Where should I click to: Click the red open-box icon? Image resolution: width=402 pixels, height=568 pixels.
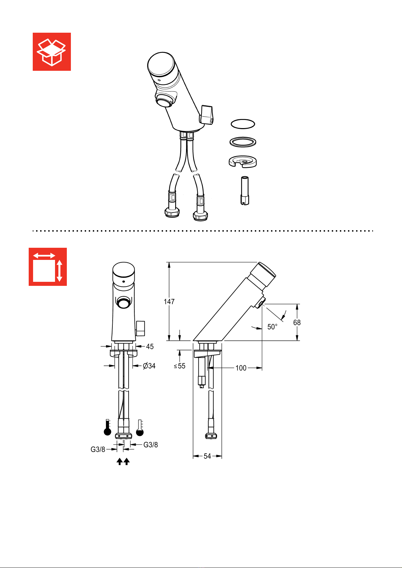[x=52, y=52]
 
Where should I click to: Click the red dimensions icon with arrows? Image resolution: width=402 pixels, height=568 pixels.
[x=48, y=267]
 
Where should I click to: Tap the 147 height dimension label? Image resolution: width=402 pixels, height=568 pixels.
[x=169, y=302]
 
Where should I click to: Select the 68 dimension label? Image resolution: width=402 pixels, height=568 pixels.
[x=297, y=323]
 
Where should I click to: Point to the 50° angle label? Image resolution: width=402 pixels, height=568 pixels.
[x=272, y=327]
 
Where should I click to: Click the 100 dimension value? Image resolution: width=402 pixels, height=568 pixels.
[x=241, y=368]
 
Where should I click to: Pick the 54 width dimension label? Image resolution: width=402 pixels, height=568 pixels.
[x=207, y=456]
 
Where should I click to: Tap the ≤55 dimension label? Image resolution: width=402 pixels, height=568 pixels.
[x=180, y=366]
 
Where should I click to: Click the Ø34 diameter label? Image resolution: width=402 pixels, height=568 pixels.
[x=149, y=366]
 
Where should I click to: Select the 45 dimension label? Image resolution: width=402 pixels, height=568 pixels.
[x=150, y=347]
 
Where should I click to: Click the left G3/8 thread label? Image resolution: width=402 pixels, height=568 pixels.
[x=98, y=449]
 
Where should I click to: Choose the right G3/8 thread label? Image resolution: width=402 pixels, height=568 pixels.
[x=151, y=445]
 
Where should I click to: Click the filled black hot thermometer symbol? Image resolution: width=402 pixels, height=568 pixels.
[x=107, y=427]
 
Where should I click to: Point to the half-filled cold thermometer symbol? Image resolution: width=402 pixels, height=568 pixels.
[x=140, y=428]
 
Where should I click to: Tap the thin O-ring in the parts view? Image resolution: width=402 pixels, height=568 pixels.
[x=243, y=124]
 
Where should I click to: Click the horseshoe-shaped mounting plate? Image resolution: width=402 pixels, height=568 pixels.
[x=243, y=161]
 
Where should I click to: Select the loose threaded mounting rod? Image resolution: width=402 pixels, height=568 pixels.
[x=245, y=190]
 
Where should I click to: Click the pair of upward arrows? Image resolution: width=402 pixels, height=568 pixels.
[x=123, y=461]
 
